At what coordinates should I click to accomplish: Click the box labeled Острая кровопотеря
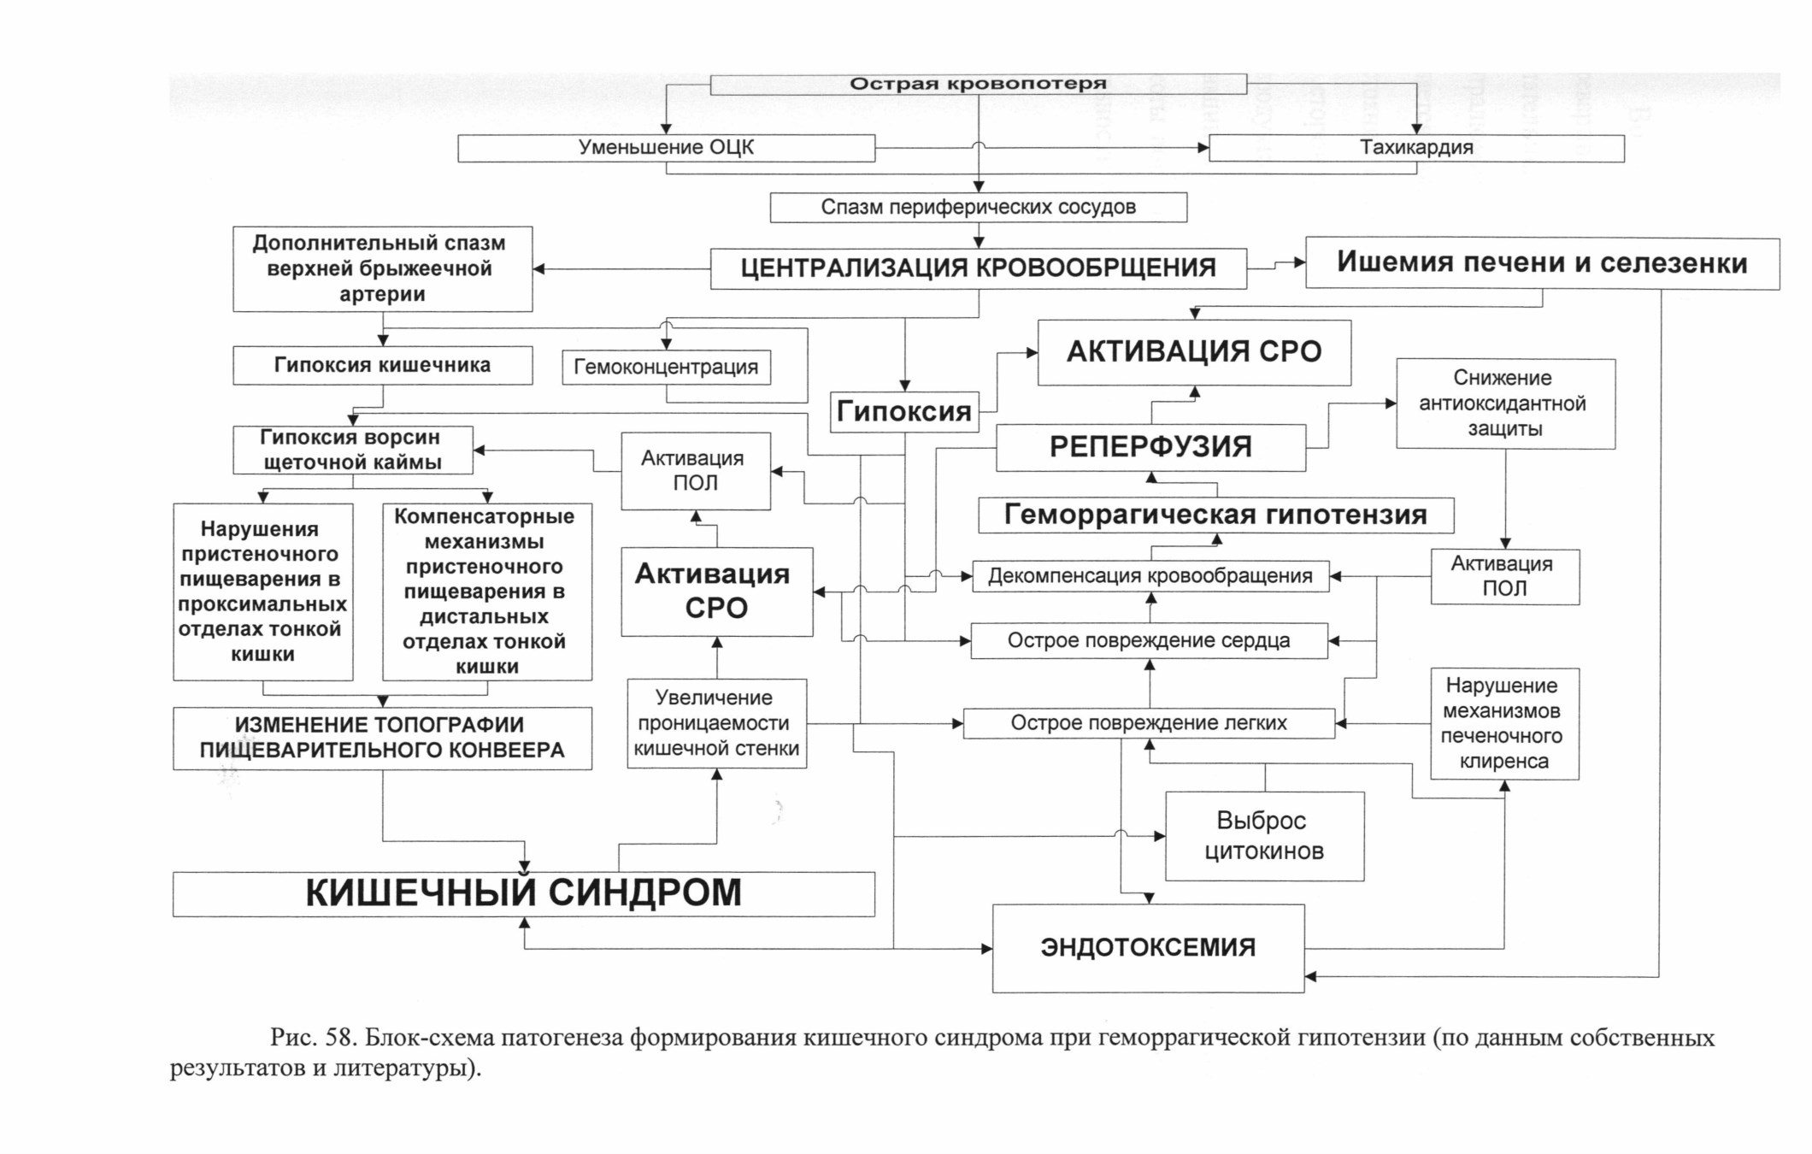click(x=979, y=84)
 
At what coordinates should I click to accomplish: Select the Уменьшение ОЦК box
click(x=666, y=148)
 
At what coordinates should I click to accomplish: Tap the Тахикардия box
click(x=1416, y=148)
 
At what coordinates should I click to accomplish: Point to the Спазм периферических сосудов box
click(x=979, y=208)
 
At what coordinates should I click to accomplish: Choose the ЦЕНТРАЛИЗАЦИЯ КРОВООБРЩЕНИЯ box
click(x=979, y=268)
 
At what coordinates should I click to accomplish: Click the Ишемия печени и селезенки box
click(x=1542, y=263)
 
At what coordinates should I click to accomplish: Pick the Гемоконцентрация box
click(x=667, y=368)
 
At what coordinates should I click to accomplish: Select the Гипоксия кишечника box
click(x=383, y=365)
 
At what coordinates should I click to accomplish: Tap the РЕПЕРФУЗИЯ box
click(x=1150, y=447)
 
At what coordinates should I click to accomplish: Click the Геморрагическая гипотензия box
click(x=1215, y=515)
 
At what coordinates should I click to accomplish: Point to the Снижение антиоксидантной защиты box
click(x=1505, y=403)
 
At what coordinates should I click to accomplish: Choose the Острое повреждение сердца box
click(x=1150, y=641)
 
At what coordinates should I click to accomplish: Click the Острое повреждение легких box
click(x=1149, y=723)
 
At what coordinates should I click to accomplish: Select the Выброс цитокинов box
click(x=1264, y=836)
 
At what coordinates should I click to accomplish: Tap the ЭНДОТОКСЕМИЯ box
click(x=1148, y=948)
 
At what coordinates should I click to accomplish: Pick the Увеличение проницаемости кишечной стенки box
click(x=716, y=723)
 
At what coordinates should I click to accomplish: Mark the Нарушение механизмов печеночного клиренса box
click(x=1504, y=724)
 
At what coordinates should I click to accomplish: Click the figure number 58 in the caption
click(x=339, y=1038)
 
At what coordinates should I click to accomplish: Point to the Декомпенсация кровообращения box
click(x=1150, y=576)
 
